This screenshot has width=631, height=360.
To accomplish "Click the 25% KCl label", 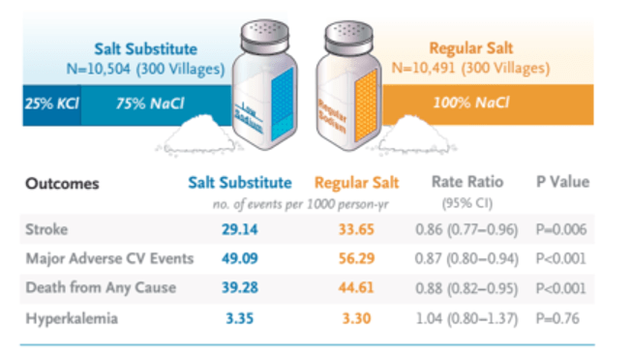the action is [x=52, y=104].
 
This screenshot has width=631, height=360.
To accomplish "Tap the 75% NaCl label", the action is [x=150, y=104].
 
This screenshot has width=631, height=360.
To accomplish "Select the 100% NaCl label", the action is [x=471, y=103].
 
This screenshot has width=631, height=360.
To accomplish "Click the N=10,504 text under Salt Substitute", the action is [x=99, y=69].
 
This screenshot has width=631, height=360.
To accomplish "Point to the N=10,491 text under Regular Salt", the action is [x=423, y=68].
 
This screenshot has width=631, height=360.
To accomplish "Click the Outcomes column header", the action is [x=62, y=184].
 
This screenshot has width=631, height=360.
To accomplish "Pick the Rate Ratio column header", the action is [x=467, y=182].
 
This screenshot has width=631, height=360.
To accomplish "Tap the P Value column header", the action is [x=562, y=182].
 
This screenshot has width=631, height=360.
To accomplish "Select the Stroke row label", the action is [x=46, y=229].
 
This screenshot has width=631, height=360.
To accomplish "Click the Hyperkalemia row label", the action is [x=72, y=318].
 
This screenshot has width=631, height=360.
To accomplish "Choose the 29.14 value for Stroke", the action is [x=239, y=229].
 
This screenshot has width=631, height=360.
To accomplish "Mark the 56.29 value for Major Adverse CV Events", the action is [x=356, y=258].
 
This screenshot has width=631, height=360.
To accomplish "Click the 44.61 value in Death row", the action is [x=356, y=287].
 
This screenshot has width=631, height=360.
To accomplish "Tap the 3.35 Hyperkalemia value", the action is [x=239, y=318].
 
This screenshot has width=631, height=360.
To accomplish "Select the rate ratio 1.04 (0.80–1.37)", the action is [x=466, y=318].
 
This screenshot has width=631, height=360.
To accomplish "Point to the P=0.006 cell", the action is [x=561, y=229].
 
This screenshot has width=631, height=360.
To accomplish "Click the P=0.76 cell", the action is [x=557, y=318].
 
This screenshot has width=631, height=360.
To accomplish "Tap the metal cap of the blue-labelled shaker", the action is [x=265, y=36].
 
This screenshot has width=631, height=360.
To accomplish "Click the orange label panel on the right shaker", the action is [x=366, y=105].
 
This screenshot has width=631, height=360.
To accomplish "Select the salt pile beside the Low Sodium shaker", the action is [x=199, y=135].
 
